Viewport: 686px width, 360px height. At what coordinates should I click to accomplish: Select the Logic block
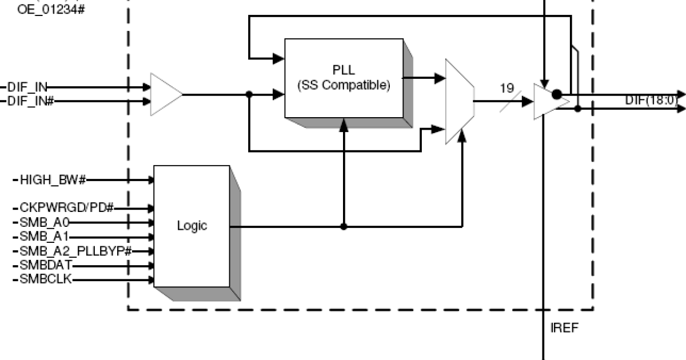point(192,226)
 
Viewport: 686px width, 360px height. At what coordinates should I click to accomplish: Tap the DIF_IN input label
point(27,87)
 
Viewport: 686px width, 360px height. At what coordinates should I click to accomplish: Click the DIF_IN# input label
point(30,101)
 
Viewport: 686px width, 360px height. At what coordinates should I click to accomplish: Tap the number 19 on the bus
point(506,88)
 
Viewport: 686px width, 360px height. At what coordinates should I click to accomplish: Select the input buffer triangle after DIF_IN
point(165,94)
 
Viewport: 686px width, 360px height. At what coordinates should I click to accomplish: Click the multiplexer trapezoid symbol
point(460,101)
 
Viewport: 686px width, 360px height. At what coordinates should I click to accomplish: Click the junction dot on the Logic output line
point(344,226)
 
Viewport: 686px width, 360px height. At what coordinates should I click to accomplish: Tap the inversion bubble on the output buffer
point(557,94)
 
